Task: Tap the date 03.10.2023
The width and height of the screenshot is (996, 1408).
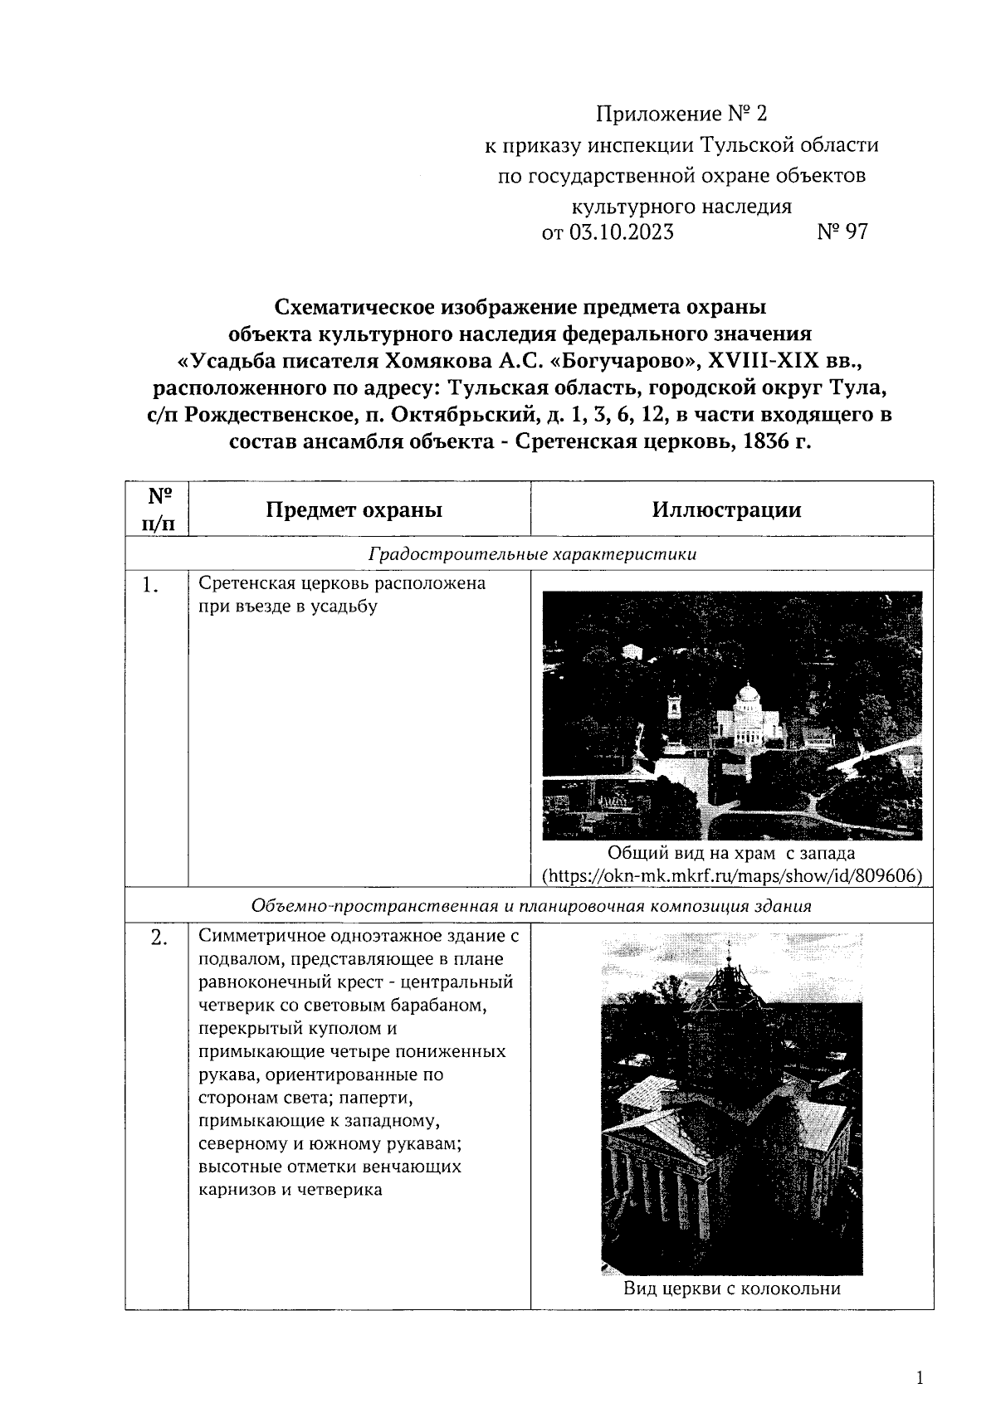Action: click(620, 232)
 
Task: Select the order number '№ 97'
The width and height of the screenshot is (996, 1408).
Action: click(842, 232)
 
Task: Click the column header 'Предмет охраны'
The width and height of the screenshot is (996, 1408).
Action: click(354, 509)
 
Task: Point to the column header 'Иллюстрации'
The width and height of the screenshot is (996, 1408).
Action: click(726, 509)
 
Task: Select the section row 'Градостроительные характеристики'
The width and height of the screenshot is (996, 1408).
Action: click(532, 554)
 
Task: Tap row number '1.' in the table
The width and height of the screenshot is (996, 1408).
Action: click(149, 586)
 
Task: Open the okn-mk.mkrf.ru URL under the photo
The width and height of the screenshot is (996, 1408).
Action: click(732, 875)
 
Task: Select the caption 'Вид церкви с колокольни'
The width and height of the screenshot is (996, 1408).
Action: click(732, 1289)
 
